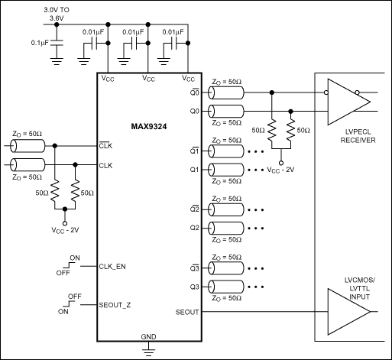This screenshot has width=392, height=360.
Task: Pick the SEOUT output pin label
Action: click(x=187, y=313)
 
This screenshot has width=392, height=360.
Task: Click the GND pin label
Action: click(x=148, y=336)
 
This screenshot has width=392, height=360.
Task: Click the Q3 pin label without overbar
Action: click(x=193, y=287)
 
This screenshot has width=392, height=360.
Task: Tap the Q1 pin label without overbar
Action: click(x=193, y=169)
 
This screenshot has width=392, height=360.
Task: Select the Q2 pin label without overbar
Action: click(x=193, y=228)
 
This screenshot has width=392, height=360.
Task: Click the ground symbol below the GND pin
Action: click(x=148, y=351)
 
